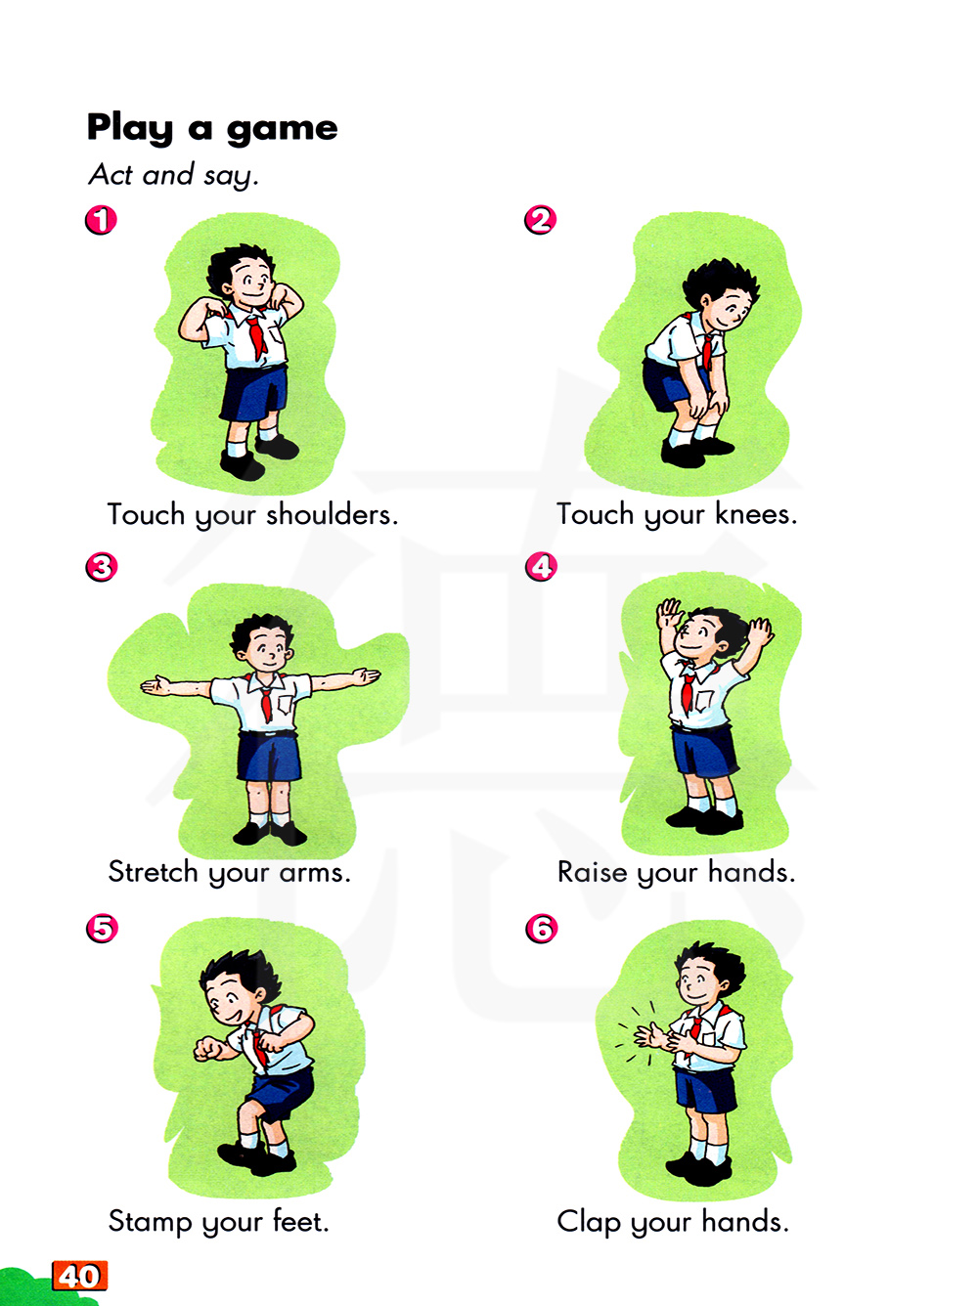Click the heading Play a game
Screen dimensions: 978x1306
[212, 129]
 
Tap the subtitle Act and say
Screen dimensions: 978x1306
[173, 176]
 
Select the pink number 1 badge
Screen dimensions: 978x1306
[101, 220]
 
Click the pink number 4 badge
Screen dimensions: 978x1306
[541, 566]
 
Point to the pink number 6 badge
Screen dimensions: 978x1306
[541, 929]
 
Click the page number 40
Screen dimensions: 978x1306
[80, 1276]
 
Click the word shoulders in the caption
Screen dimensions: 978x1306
[332, 514]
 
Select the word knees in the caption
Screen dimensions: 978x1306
[755, 514]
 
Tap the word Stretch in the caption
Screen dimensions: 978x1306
[153, 872]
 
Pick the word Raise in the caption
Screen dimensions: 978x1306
[592, 872]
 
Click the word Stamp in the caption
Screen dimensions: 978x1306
[151, 1222]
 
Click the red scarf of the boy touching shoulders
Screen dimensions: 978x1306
[256, 336]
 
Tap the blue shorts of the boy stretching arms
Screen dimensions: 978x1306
[268, 756]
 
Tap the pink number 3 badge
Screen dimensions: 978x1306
[101, 566]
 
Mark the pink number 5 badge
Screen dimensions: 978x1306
[102, 929]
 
